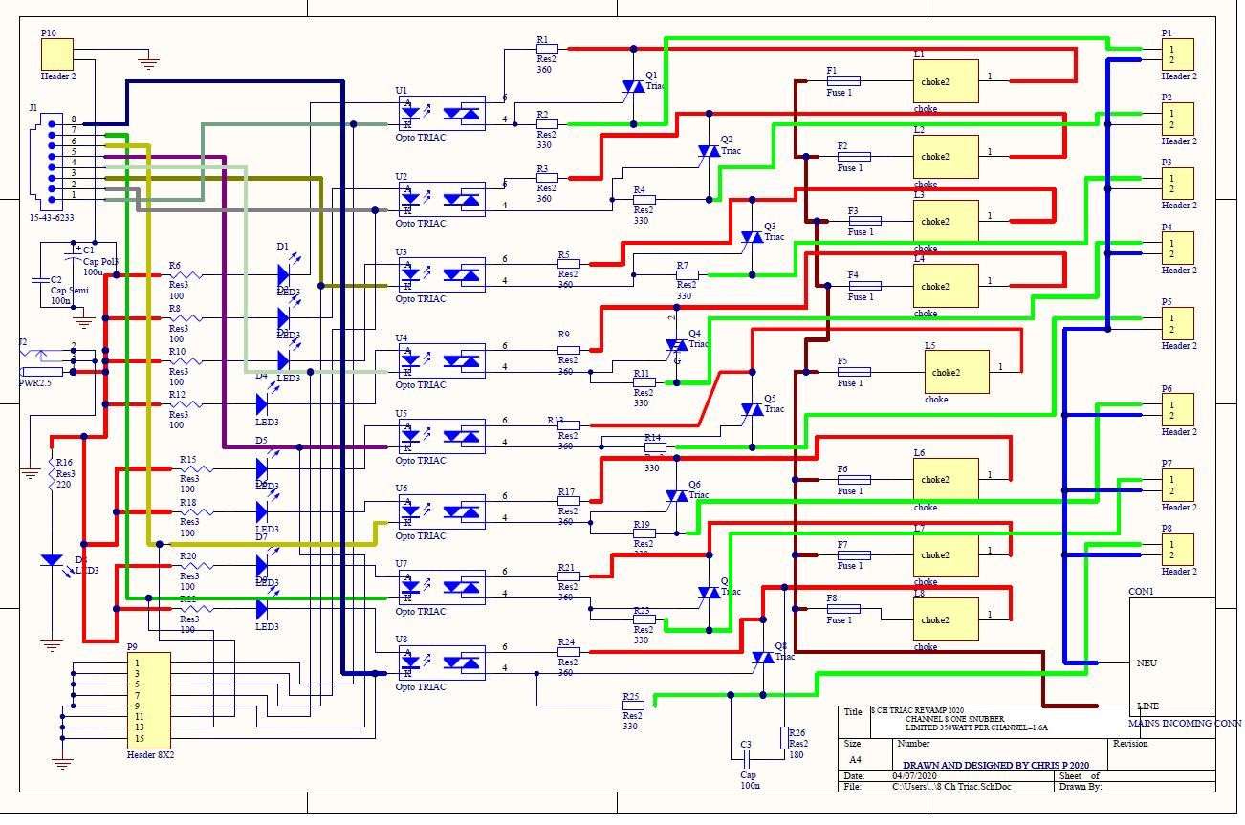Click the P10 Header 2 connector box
pyautogui.click(x=56, y=54)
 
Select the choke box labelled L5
pyautogui.click(x=956, y=373)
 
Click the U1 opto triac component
pyautogui.click(x=441, y=113)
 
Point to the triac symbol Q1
pyautogui.click(x=633, y=87)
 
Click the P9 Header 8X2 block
pyautogui.click(x=148, y=700)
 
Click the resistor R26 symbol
pyautogui.click(x=784, y=737)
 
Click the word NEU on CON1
pyautogui.click(x=1147, y=662)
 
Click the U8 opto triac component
pyautogui.click(x=441, y=662)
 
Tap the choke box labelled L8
pyautogui.click(x=946, y=619)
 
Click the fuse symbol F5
pyautogui.click(x=853, y=372)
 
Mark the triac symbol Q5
pyautogui.click(x=752, y=409)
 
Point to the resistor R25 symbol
pyautogui.click(x=633, y=706)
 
